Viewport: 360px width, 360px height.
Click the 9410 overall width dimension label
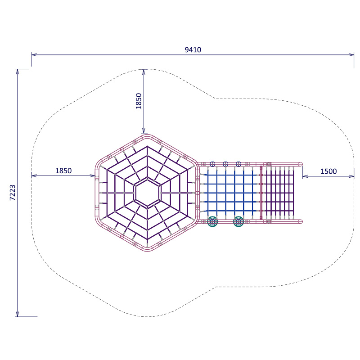(x=193, y=50)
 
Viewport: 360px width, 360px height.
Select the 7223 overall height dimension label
(x=13, y=193)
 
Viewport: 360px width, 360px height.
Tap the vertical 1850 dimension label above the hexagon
(x=139, y=101)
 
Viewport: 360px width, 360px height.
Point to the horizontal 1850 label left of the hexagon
(x=63, y=171)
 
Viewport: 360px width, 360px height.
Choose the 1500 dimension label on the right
(x=328, y=171)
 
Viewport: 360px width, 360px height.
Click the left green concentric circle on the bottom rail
(x=212, y=221)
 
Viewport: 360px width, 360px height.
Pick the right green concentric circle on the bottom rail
(x=238, y=221)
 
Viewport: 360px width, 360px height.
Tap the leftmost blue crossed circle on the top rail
(x=212, y=164)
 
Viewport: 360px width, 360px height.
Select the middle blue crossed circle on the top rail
(x=225, y=164)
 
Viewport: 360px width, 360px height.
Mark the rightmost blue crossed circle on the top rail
(x=238, y=164)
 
